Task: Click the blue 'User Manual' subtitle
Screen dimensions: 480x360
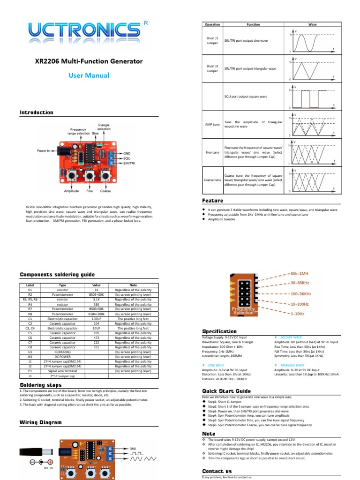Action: pos(89,75)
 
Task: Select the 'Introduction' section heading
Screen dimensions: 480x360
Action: pos(36,112)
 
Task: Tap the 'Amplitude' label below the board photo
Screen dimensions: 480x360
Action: pos(72,191)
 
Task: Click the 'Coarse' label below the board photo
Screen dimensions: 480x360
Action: pos(105,191)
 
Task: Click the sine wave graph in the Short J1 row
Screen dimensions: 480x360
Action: pos(312,41)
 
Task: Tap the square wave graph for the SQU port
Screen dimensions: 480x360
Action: pos(312,97)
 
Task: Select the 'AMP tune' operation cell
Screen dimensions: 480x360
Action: pos(212,124)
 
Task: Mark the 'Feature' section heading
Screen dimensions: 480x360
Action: pos(212,201)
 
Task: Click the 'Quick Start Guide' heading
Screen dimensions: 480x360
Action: pos(226,391)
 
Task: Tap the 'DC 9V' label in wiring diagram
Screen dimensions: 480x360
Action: pos(49,468)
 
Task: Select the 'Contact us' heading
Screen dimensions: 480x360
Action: pos(217,471)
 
